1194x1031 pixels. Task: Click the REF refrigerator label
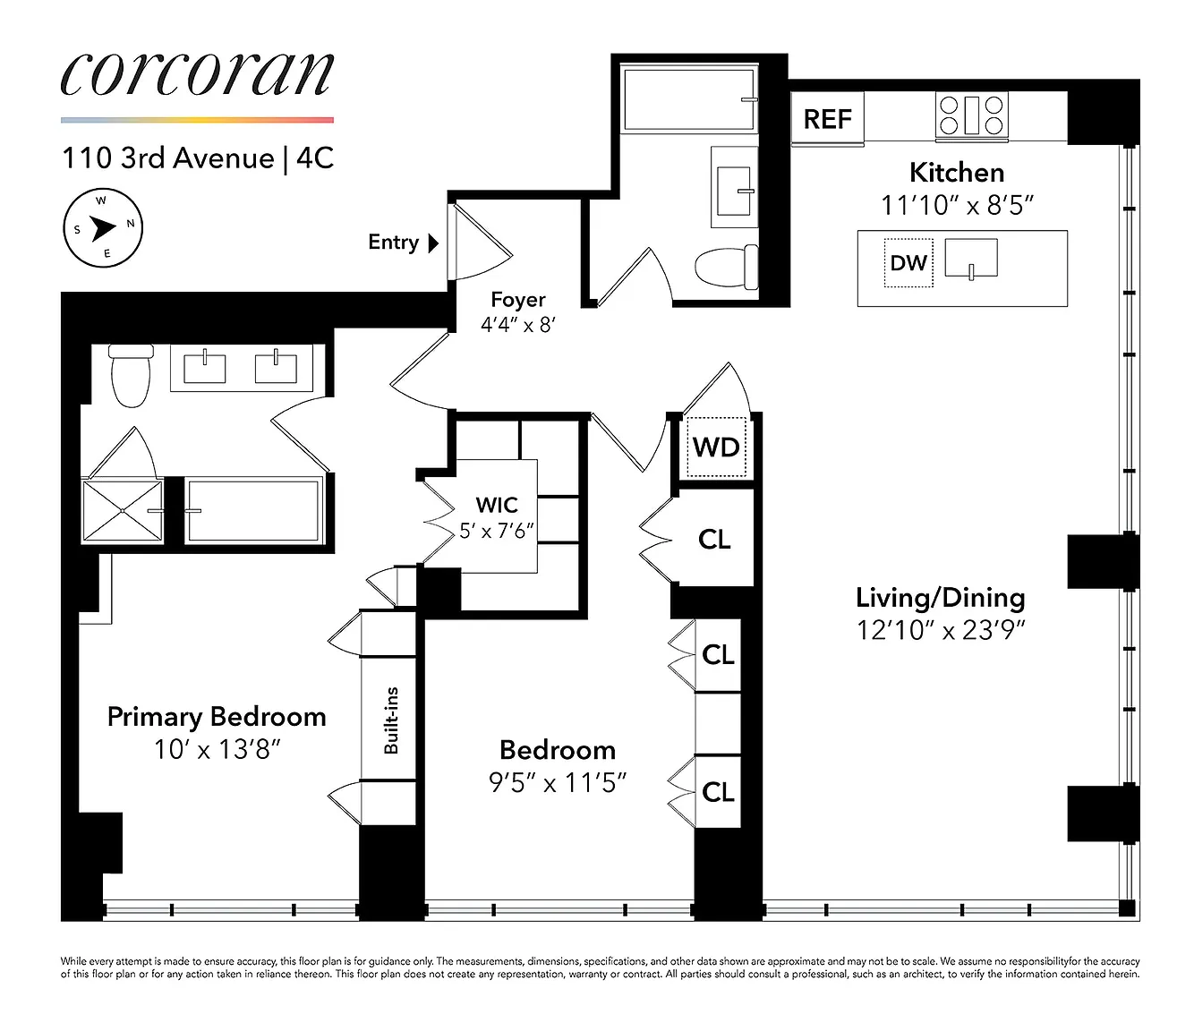click(x=827, y=119)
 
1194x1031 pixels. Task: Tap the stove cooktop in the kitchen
click(x=972, y=115)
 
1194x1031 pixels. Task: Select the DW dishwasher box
click(x=908, y=263)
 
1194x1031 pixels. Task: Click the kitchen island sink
click(x=971, y=259)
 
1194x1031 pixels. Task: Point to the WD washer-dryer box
click(x=716, y=447)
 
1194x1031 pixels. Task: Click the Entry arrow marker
click(x=433, y=243)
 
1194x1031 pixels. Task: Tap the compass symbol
click(x=103, y=228)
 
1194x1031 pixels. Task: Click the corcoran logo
click(x=198, y=75)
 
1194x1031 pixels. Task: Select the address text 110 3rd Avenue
click(x=168, y=158)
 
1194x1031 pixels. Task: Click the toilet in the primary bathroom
click(x=132, y=375)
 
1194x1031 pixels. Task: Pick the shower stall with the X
click(x=123, y=511)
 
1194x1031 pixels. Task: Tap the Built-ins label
click(x=391, y=720)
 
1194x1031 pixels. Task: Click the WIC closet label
click(x=497, y=505)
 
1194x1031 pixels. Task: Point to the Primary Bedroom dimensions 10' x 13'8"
click(x=217, y=750)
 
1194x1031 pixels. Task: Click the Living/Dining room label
click(x=941, y=597)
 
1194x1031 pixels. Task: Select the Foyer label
click(x=518, y=299)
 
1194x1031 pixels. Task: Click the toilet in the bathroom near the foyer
click(x=727, y=267)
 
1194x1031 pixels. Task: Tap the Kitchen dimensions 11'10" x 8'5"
click(x=957, y=205)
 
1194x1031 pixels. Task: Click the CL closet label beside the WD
click(x=714, y=540)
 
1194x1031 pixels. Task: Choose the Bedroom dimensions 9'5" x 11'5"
click(x=558, y=783)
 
